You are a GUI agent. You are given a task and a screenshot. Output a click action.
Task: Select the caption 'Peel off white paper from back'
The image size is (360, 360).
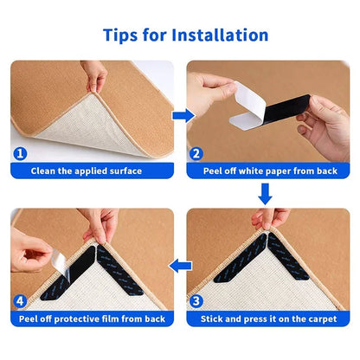click(x=270, y=170)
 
